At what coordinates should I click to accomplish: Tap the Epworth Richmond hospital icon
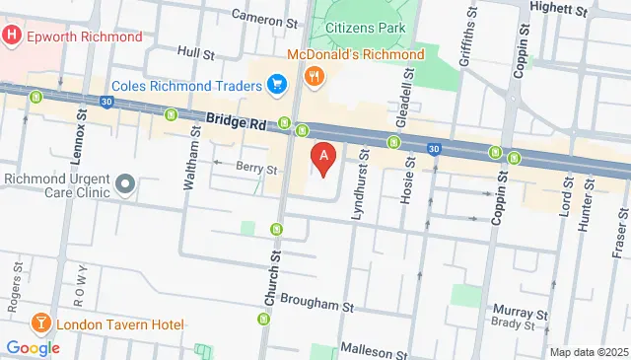[x=12, y=36]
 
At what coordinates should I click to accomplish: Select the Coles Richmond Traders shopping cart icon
[x=278, y=83]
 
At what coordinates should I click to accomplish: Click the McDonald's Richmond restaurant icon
[x=314, y=74]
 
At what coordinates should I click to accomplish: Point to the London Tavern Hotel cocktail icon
[x=40, y=323]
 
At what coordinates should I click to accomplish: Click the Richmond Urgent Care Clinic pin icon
[x=125, y=184]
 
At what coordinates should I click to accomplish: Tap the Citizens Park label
[x=364, y=28]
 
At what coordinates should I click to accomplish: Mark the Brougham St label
[x=316, y=306]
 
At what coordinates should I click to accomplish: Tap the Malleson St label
[x=374, y=350]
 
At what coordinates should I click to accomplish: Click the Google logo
[x=34, y=347]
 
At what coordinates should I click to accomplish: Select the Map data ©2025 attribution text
[x=588, y=352]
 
